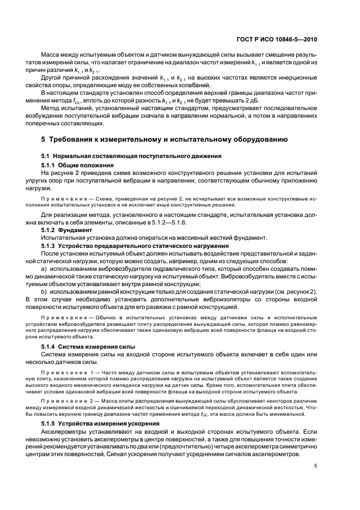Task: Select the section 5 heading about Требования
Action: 164,139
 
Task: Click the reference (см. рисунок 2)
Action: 297,292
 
